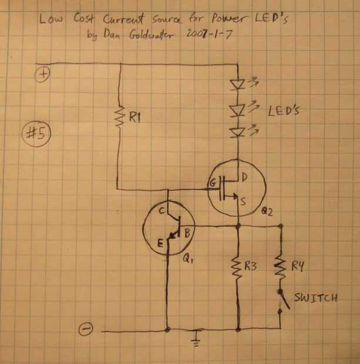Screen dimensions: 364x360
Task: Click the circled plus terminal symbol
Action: [x=45, y=74]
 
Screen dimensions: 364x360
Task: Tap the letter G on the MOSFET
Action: [x=211, y=184]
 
